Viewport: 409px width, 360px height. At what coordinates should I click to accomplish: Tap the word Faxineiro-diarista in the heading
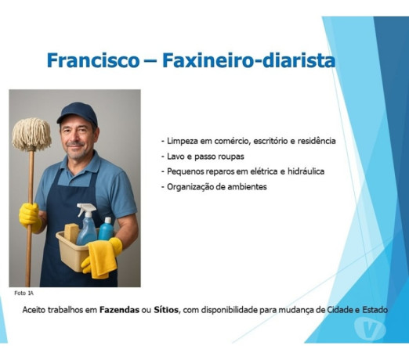point(248,60)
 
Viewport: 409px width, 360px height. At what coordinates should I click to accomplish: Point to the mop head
point(31,134)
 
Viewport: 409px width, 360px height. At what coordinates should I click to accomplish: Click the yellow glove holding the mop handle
point(30,216)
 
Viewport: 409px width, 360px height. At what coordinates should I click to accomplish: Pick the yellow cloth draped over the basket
point(102,257)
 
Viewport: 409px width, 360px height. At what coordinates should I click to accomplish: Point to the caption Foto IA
point(24,293)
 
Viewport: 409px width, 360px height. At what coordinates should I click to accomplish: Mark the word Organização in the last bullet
point(193,186)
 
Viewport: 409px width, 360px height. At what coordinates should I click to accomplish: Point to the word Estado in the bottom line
point(372,310)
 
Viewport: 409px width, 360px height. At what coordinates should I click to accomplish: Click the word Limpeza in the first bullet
point(183,141)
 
